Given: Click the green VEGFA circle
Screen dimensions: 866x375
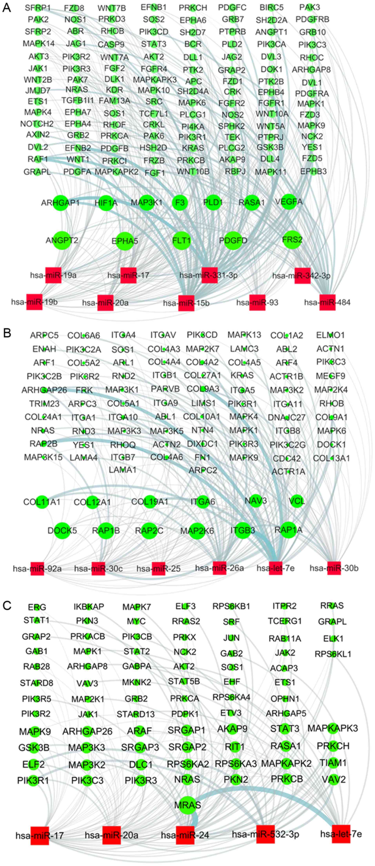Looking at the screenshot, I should click(289, 202).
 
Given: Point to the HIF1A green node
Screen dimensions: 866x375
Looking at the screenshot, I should click(106, 203).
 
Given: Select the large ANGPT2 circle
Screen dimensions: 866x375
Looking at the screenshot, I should click(62, 240).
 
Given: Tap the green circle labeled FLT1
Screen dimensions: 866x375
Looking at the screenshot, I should click(182, 241).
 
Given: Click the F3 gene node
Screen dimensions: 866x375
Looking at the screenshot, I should click(180, 203).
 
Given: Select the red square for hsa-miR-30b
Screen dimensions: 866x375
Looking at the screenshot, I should click(334, 568).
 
